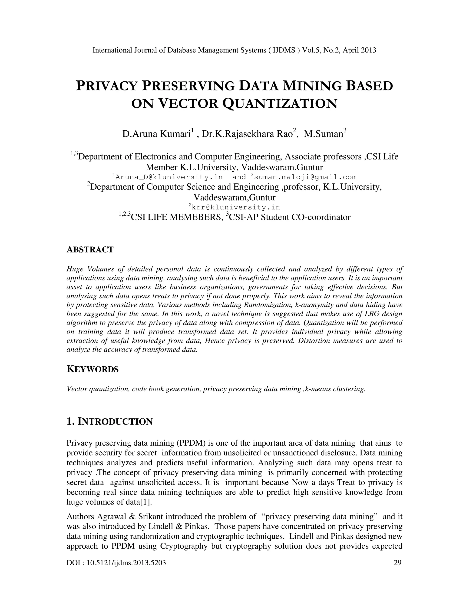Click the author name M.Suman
pyautogui.click(x=324, y=133)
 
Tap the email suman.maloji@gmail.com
pyautogui.click(x=305, y=177)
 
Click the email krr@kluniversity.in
pyautogui.click(x=236, y=208)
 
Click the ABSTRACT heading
pyautogui.click(x=90, y=250)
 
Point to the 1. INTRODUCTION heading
pyautogui.click(x=109, y=422)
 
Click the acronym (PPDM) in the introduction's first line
pyautogui.click(x=191, y=443)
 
